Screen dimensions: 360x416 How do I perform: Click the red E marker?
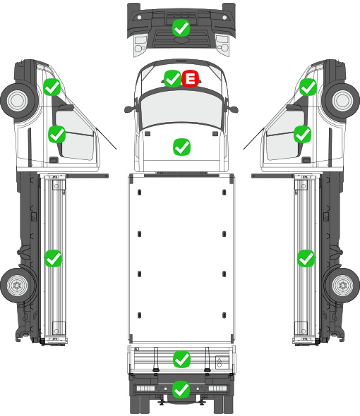coord(190,78)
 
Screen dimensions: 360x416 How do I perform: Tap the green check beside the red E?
coord(173,78)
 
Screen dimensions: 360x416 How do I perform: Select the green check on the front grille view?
coord(181,28)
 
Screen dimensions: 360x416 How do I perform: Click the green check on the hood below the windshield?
coord(181,147)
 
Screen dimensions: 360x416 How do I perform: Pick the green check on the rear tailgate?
coord(181,359)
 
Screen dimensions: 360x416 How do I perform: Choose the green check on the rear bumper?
coord(181,389)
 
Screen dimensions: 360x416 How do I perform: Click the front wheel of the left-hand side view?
coord(18,101)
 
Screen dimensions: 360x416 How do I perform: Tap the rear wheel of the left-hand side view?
coord(17,286)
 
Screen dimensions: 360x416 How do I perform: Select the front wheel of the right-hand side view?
coord(342,101)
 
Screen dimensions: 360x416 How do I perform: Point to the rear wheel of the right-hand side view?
coord(343,286)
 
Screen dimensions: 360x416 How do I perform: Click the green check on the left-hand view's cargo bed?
coord(53,258)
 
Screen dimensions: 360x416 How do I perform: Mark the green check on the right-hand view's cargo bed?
coord(306,258)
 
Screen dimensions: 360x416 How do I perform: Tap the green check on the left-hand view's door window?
coord(57,134)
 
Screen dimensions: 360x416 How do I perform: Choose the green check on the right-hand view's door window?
coord(303,134)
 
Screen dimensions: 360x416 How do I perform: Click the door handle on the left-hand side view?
coord(54,160)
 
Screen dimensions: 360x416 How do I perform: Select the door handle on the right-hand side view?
coord(306,160)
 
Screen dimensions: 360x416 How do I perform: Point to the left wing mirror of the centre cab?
coord(130,109)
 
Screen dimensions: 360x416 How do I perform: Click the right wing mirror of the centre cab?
coord(232,109)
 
